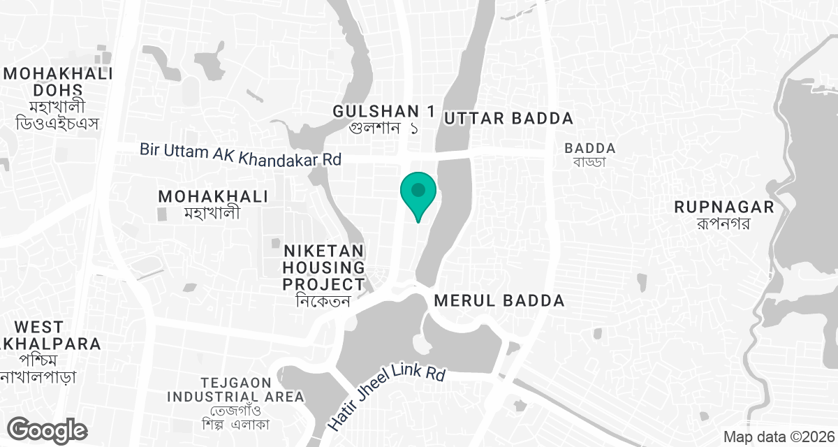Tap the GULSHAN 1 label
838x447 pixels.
coord(383,111)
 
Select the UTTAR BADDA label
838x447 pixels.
coord(508,118)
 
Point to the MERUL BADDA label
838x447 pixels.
coord(499,301)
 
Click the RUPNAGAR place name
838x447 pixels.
coord(724,207)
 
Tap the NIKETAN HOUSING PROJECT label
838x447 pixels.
coord(323,268)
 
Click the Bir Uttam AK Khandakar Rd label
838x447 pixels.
coord(240,154)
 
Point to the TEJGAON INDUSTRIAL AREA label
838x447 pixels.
coord(235,390)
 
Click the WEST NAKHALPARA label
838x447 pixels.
coord(49,335)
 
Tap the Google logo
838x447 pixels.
coord(48,430)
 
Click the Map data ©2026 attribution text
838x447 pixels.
coord(778,437)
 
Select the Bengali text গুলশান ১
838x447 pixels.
coord(383,129)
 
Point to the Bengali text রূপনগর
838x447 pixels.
coord(724,223)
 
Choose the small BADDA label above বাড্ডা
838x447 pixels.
coord(590,148)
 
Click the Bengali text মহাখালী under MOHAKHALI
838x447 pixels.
coord(212,212)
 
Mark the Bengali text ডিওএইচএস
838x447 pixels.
coord(55,124)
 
